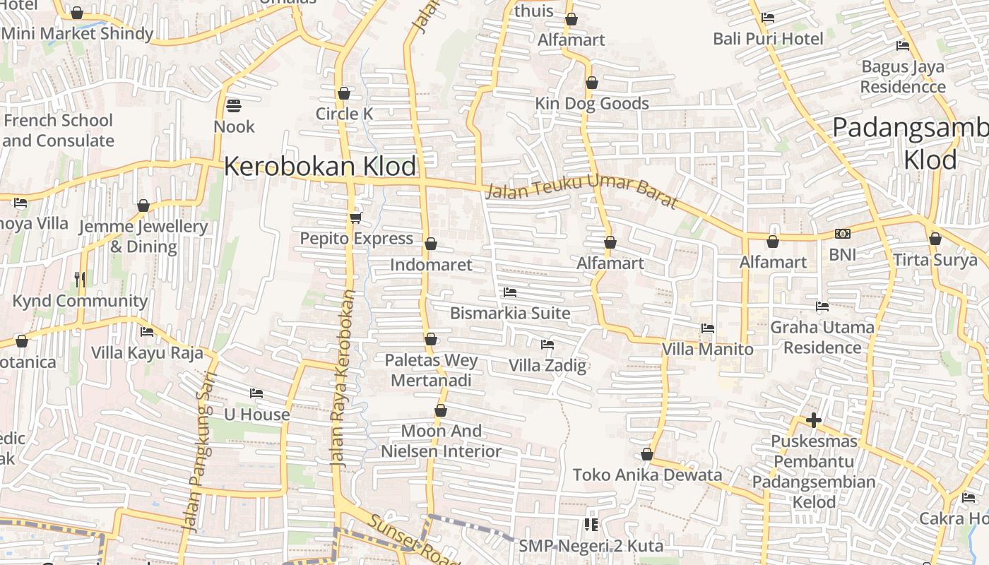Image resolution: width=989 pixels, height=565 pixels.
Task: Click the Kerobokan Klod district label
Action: point(320,167)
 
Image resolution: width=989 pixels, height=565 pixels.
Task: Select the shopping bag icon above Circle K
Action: point(344,93)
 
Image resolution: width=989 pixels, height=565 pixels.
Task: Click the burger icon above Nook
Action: point(234,106)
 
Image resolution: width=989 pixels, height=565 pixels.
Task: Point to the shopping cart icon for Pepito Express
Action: point(355,218)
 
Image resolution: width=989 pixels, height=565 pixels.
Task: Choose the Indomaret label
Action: point(431,265)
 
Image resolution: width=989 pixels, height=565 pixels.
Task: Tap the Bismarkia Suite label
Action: point(510,313)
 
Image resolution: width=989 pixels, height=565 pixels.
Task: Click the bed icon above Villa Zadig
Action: point(547,345)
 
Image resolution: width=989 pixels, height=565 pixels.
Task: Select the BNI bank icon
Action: point(842,234)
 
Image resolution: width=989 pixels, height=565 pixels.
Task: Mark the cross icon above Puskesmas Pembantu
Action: point(814,420)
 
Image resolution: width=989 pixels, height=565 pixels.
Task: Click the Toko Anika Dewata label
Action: point(647,475)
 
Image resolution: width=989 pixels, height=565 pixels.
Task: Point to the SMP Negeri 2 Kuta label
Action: point(591,546)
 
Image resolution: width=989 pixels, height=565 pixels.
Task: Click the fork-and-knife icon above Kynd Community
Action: point(80,280)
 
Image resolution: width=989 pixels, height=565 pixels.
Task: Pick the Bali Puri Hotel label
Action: point(768,38)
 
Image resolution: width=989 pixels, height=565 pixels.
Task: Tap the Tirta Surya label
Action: point(935,260)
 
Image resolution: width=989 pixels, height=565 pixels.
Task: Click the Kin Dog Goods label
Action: point(592,104)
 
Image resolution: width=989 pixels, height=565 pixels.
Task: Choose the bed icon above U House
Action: point(256,393)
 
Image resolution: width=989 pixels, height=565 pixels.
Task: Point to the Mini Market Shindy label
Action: point(78,33)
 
